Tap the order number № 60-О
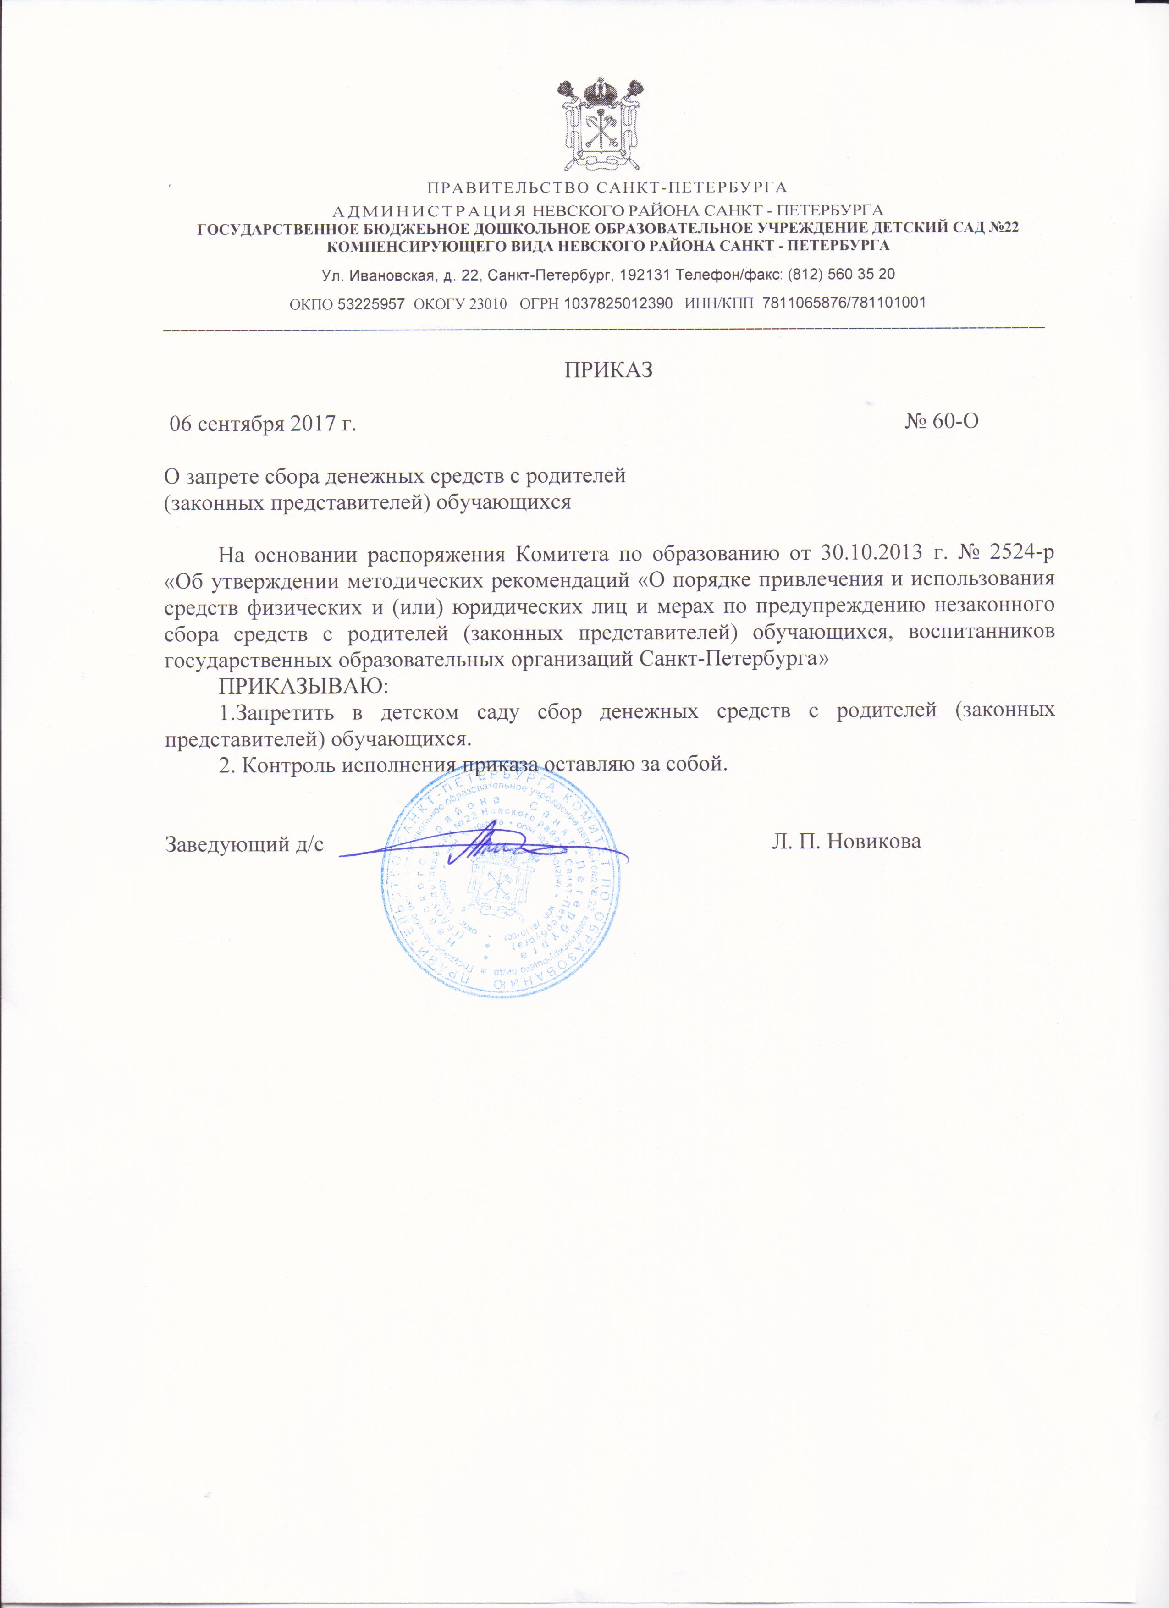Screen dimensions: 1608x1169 [942, 421]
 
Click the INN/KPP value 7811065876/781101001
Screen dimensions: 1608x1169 [844, 303]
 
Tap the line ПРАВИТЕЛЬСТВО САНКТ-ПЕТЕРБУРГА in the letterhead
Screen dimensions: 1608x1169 [607, 188]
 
